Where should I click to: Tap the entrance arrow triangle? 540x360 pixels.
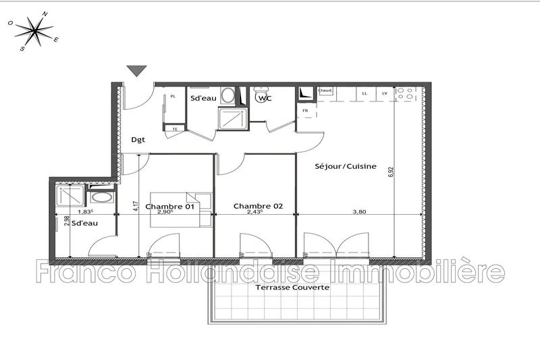coord(137,70)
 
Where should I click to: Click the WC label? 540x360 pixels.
coord(264,99)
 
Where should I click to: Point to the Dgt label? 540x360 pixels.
coord(138,140)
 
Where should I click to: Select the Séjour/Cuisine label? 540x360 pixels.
coord(346,165)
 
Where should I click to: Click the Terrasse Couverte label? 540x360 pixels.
coord(292,287)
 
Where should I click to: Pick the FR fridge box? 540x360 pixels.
coord(306,110)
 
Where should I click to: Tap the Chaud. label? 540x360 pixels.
coord(325,91)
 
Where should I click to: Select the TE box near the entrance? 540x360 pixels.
coord(175,128)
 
